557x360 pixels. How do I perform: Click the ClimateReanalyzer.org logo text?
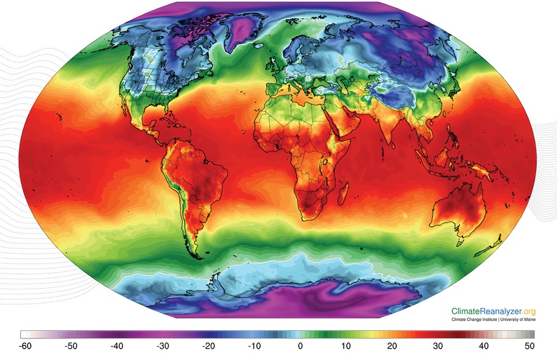(x=493, y=311)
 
